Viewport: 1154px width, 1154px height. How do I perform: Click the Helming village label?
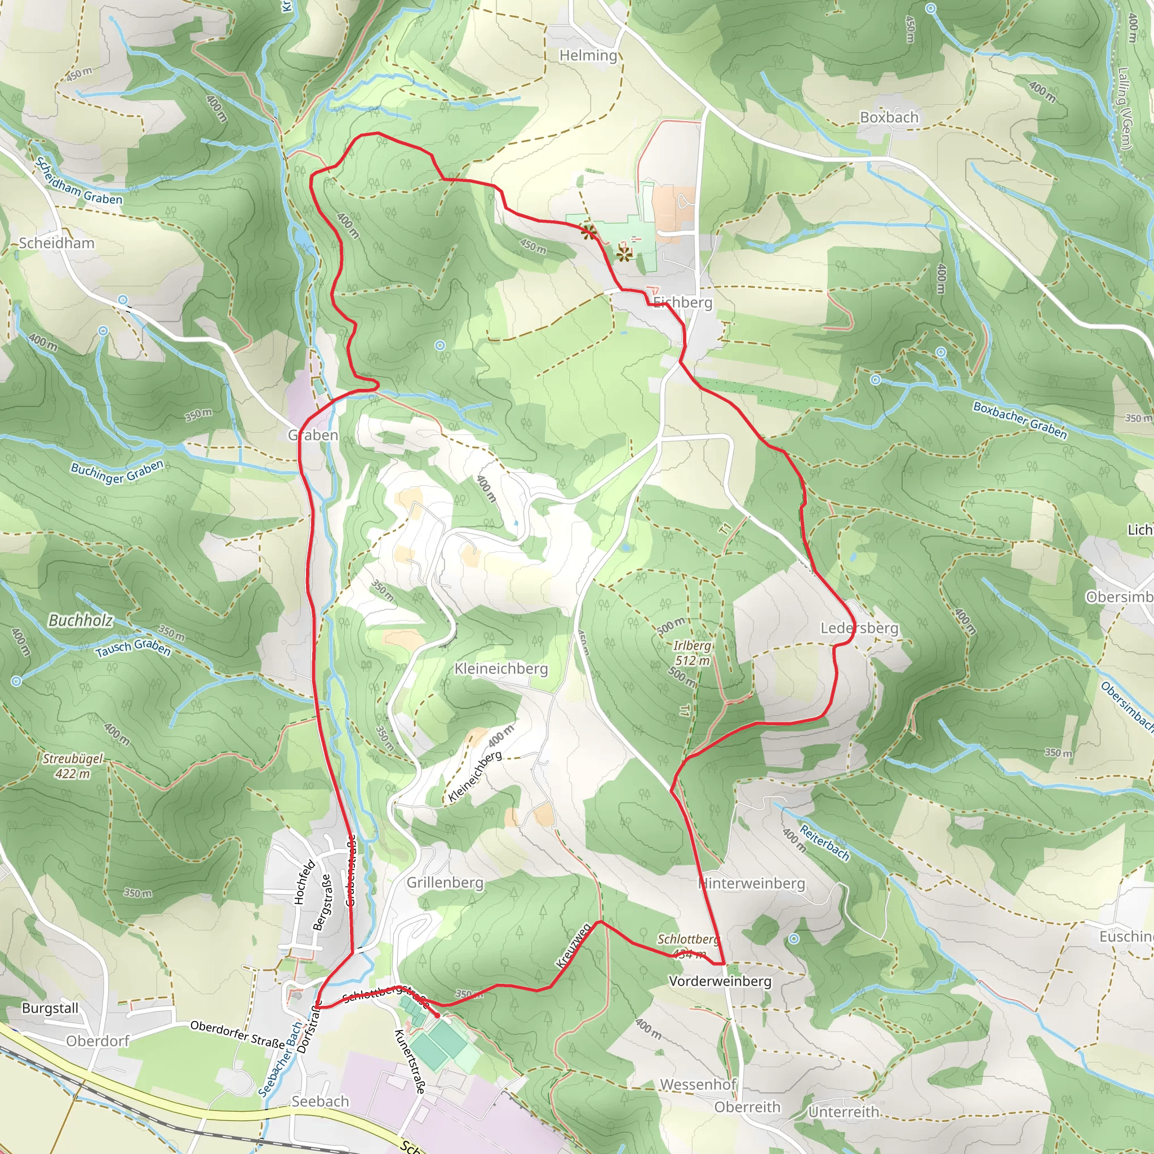(x=588, y=56)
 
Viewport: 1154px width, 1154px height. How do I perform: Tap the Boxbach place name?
(x=889, y=118)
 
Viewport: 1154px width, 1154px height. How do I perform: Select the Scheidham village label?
(x=57, y=243)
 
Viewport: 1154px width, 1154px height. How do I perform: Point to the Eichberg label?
(x=683, y=303)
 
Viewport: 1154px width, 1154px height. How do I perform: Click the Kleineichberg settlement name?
(x=501, y=669)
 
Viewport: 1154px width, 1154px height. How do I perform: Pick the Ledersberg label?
(x=859, y=628)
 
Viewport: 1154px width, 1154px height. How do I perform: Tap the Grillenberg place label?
(x=445, y=883)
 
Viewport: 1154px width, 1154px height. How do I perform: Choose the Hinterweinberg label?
(x=752, y=884)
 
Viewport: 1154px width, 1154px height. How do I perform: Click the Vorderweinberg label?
(x=720, y=982)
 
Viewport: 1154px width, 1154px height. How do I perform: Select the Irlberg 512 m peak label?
(x=693, y=653)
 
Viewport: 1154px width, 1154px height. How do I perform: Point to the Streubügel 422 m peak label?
(x=73, y=766)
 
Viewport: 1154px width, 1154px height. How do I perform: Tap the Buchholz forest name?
(x=80, y=620)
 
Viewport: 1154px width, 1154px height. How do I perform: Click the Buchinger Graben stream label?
(x=117, y=472)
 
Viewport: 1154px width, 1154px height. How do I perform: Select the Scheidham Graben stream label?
(x=78, y=181)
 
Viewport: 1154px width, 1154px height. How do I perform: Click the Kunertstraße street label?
(x=410, y=1062)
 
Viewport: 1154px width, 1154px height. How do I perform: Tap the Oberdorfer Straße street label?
(x=237, y=1034)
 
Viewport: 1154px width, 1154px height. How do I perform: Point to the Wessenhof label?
(x=698, y=1085)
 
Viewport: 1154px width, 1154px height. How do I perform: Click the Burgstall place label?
(x=50, y=1008)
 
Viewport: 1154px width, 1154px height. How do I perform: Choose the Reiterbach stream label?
(x=824, y=842)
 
